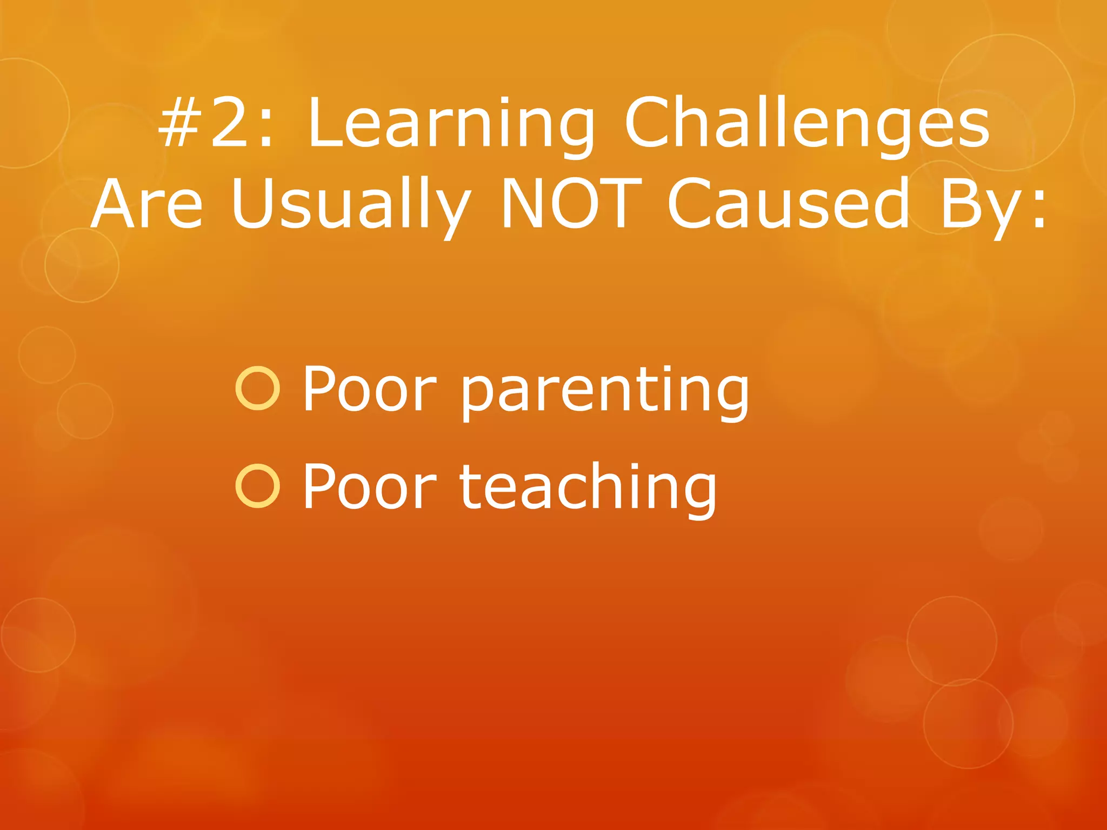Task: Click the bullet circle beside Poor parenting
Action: (258, 388)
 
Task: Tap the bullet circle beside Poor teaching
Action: (258, 486)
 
